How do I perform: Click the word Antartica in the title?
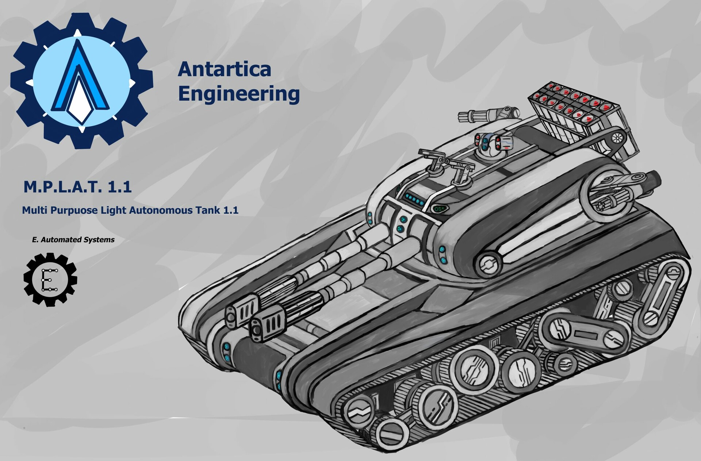tap(224, 69)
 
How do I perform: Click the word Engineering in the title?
tap(239, 94)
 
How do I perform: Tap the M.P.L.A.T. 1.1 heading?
tap(77, 187)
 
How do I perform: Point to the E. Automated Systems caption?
tap(73, 240)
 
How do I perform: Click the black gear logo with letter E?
tap(50, 279)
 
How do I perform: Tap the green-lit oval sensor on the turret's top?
tap(439, 209)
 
